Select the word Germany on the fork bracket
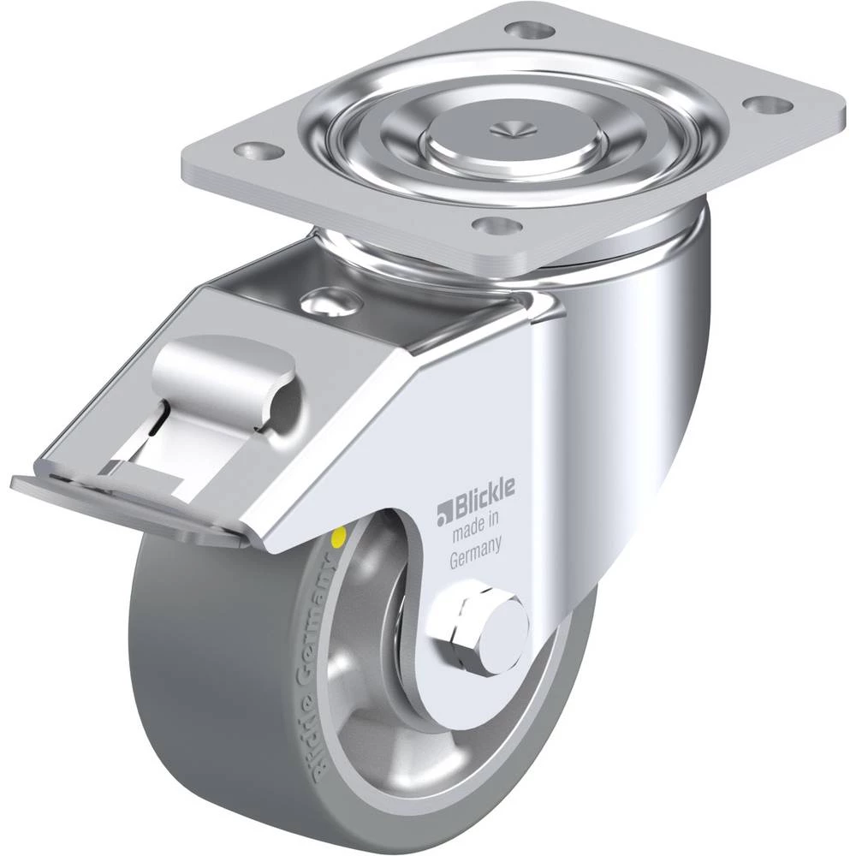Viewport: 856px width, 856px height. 475,552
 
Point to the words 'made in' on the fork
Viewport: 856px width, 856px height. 475,527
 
